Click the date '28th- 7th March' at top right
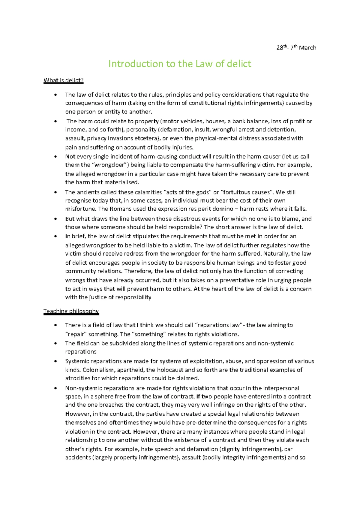[296, 47]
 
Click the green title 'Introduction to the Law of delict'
[180, 64]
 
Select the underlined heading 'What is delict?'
[63, 80]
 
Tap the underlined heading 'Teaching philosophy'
[71, 311]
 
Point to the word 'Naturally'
[276, 254]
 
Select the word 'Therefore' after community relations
[138, 271]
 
